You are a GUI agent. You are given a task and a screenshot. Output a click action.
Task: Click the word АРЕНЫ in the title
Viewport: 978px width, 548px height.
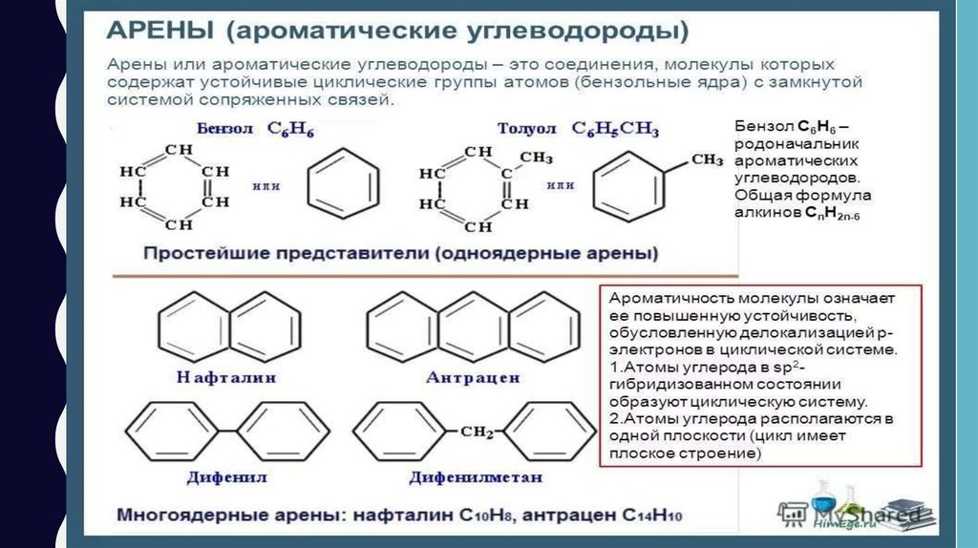[159, 30]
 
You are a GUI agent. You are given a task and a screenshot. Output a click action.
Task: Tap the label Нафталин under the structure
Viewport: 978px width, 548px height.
[226, 377]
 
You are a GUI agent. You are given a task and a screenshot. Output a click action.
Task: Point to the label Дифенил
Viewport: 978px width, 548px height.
[226, 474]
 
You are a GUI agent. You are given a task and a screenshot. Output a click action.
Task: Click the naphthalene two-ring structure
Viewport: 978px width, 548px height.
[226, 326]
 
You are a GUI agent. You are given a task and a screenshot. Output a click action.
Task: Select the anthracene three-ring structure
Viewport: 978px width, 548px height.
[468, 326]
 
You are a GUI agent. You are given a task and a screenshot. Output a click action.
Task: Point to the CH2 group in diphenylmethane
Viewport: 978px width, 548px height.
[476, 432]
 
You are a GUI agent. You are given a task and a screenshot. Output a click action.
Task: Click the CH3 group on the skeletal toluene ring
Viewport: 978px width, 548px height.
[706, 159]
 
